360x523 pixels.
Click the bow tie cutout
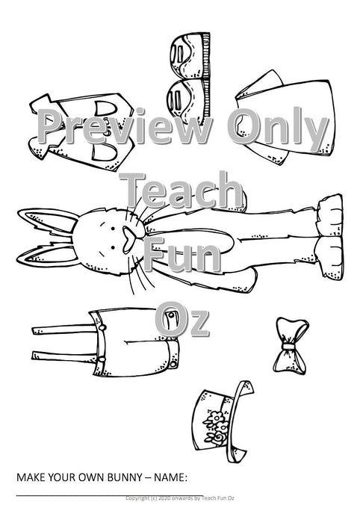point(290,345)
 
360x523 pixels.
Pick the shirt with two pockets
point(82,131)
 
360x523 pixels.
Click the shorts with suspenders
point(106,343)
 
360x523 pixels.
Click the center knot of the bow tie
point(288,347)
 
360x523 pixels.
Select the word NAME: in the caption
point(170,477)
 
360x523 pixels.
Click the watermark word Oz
point(182,319)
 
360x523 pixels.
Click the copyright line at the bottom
point(180,498)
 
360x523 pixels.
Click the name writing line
point(110,495)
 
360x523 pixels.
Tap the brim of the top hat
point(239,421)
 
